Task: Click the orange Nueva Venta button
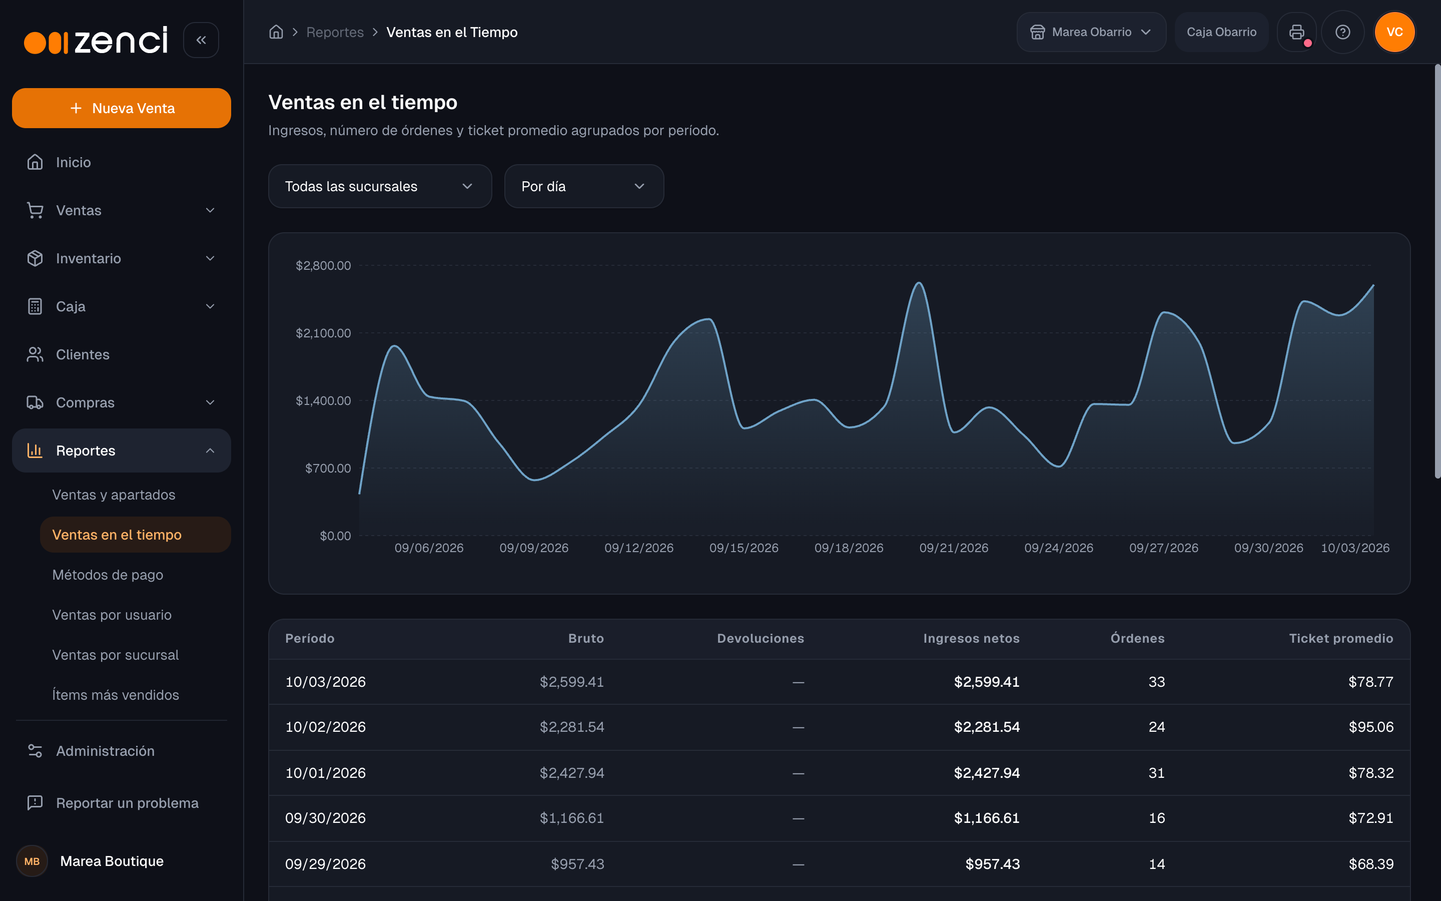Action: [x=122, y=108]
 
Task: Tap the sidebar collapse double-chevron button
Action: [x=201, y=40]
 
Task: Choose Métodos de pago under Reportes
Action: [x=108, y=575]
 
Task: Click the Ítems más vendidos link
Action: [x=116, y=695]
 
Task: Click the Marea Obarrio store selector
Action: [x=1091, y=32]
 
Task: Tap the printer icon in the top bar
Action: [x=1296, y=32]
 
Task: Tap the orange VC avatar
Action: [x=1394, y=32]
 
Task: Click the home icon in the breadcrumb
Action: [x=276, y=32]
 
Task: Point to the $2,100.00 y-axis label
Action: [x=323, y=333]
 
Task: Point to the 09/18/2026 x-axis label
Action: [x=849, y=548]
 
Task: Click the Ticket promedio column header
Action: [x=1341, y=638]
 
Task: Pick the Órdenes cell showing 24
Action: [x=1156, y=727]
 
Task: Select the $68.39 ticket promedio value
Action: [x=1371, y=864]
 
